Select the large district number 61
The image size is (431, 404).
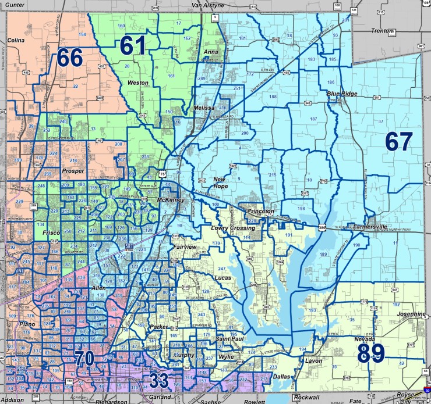click(134, 45)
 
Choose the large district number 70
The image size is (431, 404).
click(84, 358)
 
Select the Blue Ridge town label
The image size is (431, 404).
click(341, 92)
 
